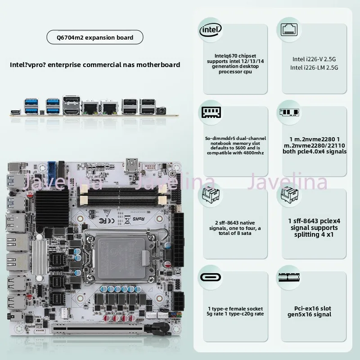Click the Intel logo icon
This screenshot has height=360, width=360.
[211, 30]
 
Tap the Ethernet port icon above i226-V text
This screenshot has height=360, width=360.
[289, 30]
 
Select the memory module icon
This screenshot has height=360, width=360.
[211, 112]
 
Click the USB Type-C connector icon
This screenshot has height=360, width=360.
[211, 277]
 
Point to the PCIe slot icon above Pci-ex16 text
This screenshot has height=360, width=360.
[289, 277]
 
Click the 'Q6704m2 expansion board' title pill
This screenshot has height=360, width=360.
[95, 37]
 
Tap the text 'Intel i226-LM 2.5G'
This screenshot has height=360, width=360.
[314, 67]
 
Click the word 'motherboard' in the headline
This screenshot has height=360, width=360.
[158, 65]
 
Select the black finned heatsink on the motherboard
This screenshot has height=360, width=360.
[52, 208]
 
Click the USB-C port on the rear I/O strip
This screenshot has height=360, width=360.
[16, 112]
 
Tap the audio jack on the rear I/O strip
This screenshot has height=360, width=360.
[162, 111]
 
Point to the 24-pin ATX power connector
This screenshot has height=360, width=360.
[179, 240]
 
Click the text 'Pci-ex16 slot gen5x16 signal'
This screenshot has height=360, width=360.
[309, 311]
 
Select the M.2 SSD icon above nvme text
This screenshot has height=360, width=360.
[289, 112]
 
